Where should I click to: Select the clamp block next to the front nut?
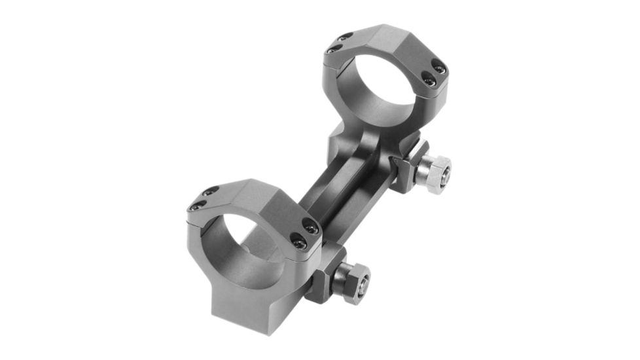pyautogui.click(x=325, y=268)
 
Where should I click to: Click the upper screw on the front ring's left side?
pyautogui.click(x=210, y=191)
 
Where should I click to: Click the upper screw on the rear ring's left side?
pyautogui.click(x=346, y=37)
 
